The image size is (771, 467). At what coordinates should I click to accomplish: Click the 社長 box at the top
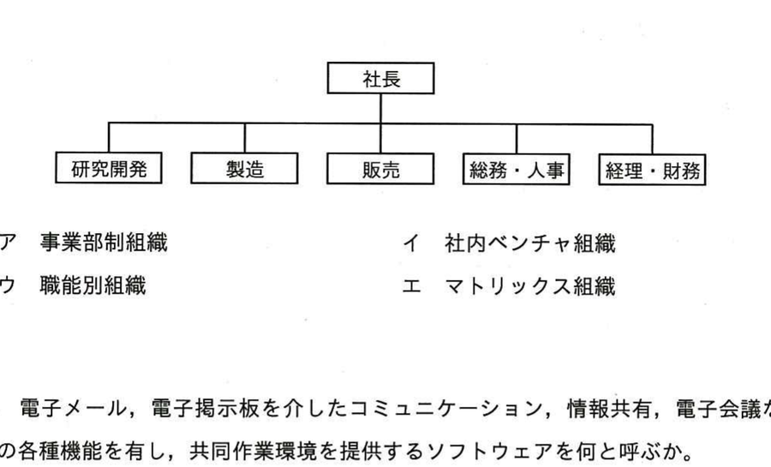380,78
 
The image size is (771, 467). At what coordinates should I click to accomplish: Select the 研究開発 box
109,168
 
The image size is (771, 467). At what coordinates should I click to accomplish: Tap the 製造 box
244,168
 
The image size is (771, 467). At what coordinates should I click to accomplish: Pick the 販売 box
380,169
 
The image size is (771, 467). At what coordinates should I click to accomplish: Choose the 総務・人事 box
517,169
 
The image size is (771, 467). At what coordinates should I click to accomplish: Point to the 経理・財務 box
652,170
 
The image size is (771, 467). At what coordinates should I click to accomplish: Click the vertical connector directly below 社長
380,108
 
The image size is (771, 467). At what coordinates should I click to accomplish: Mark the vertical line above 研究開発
109,137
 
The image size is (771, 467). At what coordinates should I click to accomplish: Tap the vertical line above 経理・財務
652,140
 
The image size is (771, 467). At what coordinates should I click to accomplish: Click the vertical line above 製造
244,138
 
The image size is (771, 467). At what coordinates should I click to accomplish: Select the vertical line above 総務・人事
517,139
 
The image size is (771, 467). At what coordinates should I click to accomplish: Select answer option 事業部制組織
104,242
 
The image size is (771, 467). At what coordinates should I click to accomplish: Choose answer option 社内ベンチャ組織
530,243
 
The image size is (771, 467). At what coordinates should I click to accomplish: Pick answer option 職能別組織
93,285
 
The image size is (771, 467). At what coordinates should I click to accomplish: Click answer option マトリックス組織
530,286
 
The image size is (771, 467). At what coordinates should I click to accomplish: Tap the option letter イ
411,243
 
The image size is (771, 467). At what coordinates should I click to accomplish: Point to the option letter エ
411,286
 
